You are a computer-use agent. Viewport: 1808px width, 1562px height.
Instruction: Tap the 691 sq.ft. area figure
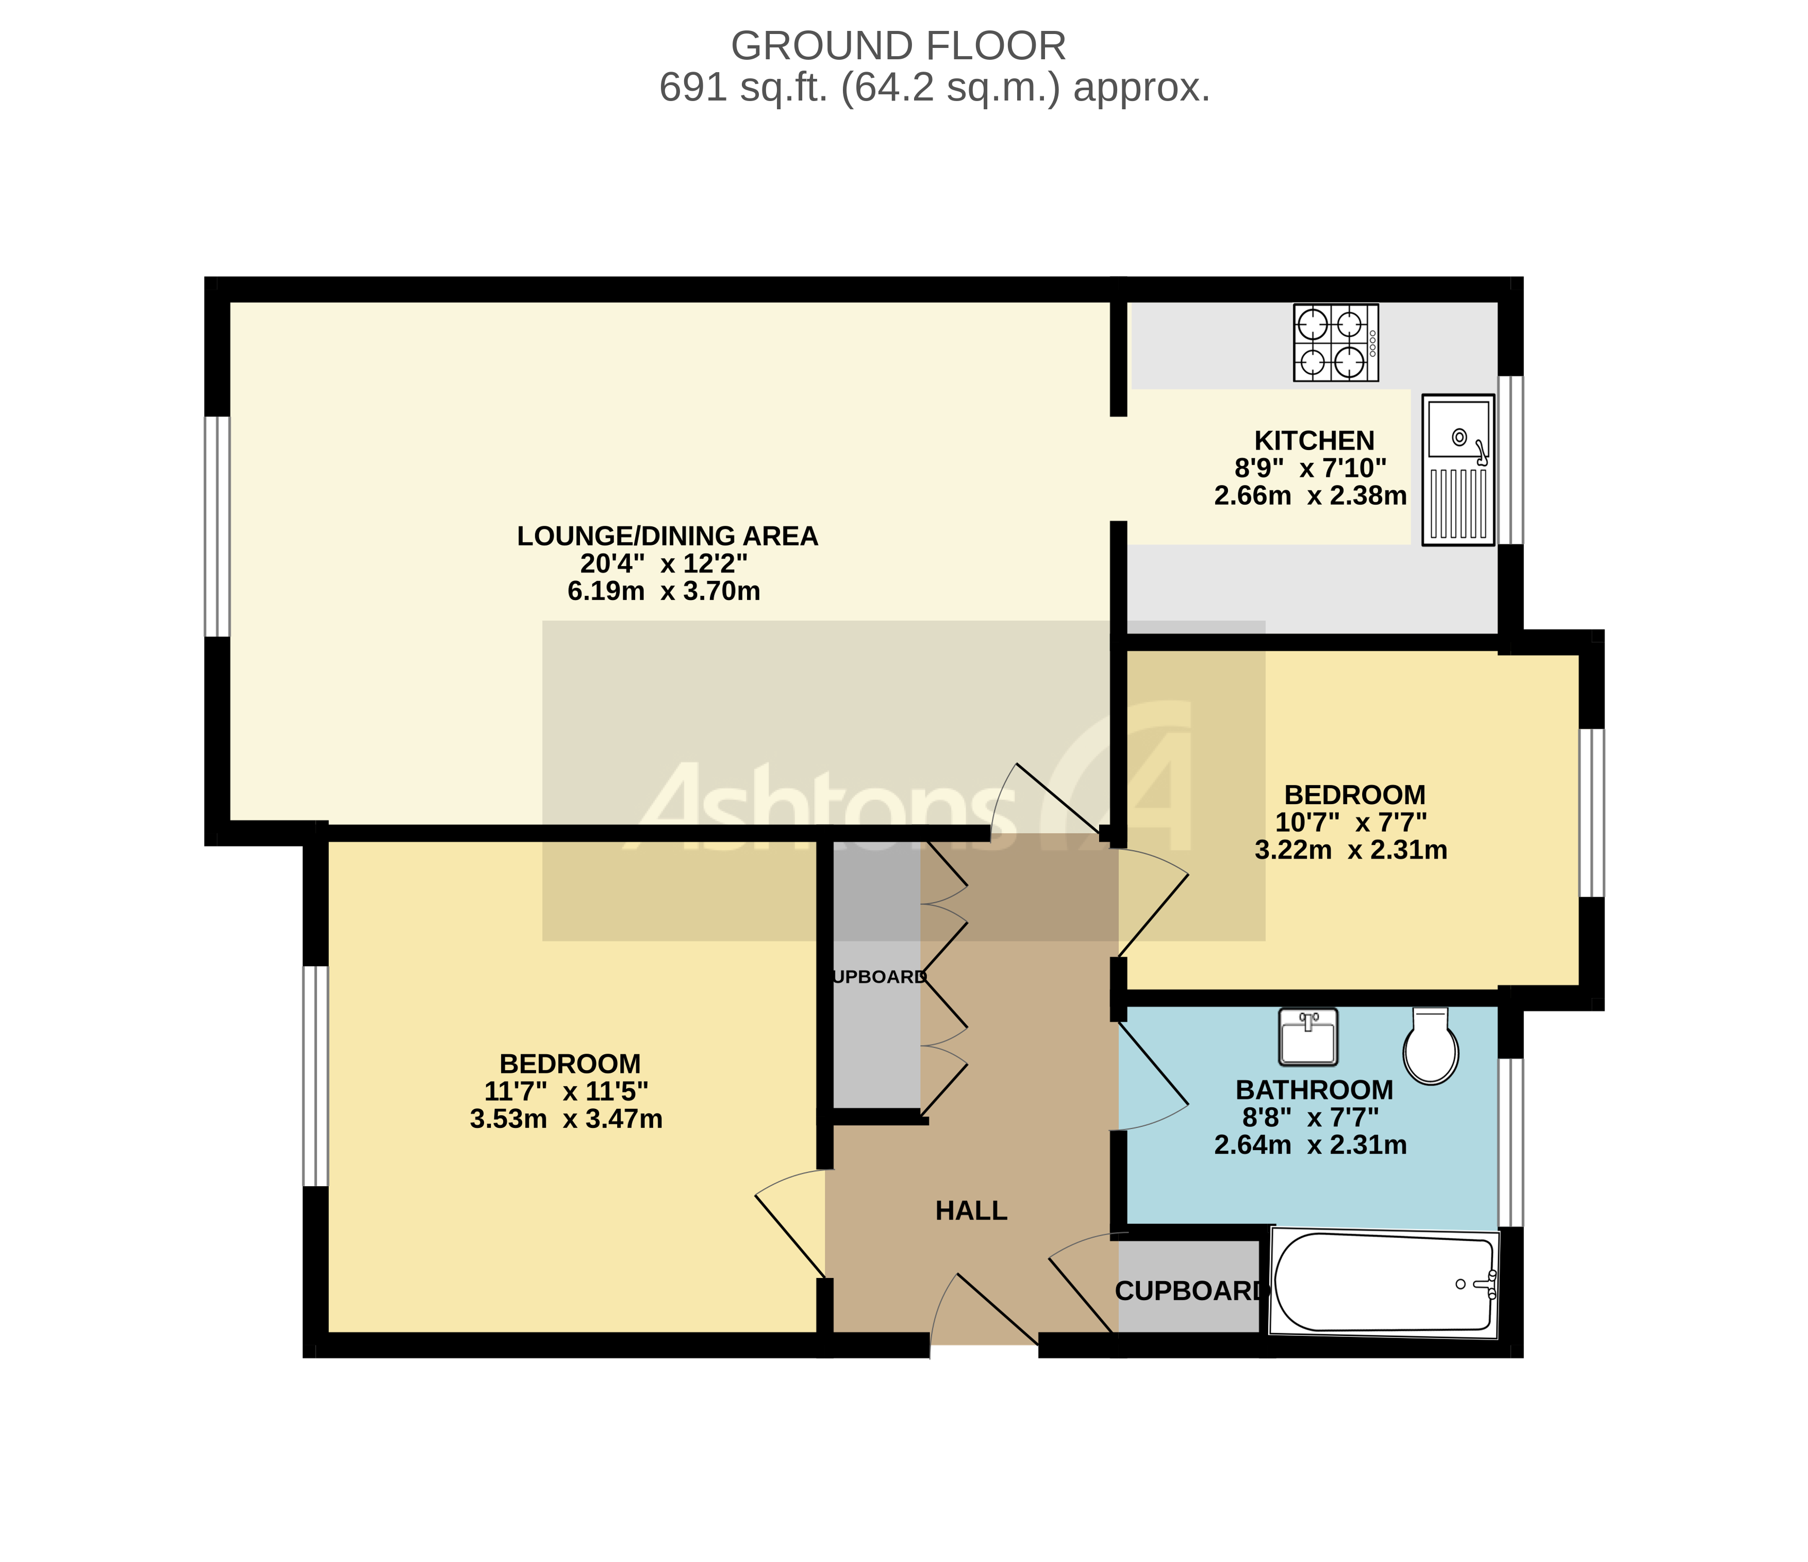(x=742, y=88)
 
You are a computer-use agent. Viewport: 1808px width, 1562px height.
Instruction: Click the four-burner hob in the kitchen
(x=1335, y=342)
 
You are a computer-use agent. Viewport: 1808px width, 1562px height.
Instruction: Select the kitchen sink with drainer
(x=1457, y=470)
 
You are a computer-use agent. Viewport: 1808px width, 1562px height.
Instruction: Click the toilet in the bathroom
(x=1430, y=1047)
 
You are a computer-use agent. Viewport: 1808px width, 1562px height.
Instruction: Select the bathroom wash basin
(x=1307, y=1037)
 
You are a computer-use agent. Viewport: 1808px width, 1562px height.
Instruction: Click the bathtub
(x=1383, y=1283)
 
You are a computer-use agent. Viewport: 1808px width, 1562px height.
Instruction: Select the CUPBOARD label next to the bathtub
(x=1188, y=1291)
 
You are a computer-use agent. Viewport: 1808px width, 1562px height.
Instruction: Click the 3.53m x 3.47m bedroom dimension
(x=566, y=1119)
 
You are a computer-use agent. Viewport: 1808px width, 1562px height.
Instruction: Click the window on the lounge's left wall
(x=217, y=526)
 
